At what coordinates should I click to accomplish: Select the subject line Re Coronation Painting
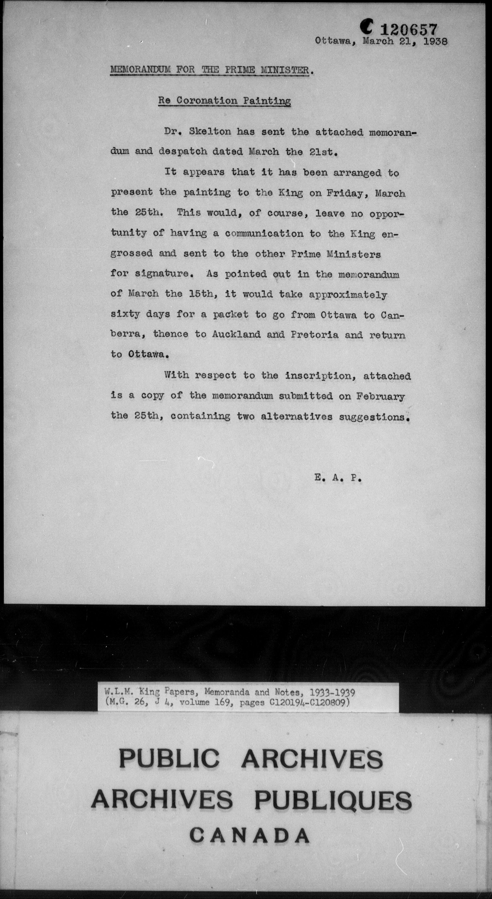point(224,101)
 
